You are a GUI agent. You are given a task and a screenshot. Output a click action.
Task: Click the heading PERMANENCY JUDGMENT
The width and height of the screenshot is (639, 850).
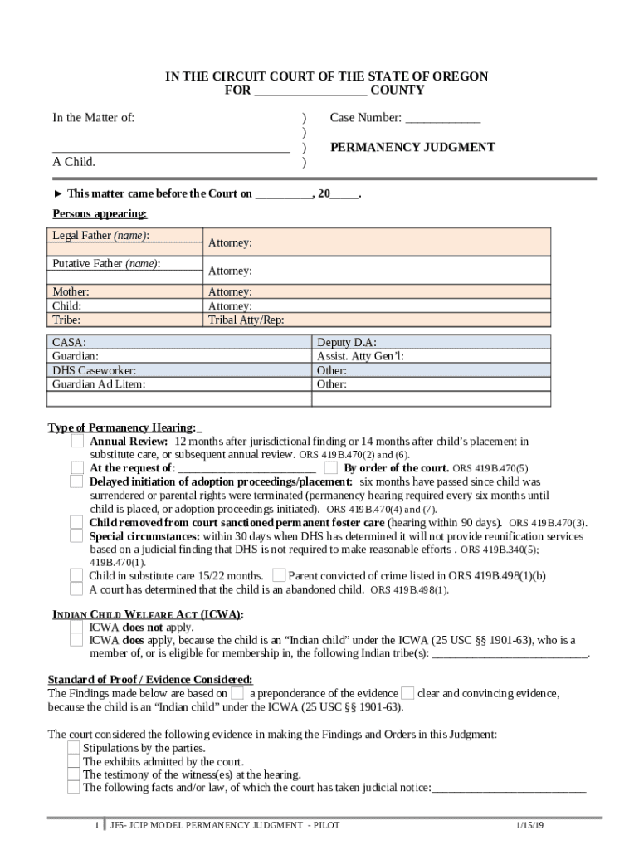point(412,147)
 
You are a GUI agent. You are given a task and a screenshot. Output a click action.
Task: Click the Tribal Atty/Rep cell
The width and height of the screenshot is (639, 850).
point(377,320)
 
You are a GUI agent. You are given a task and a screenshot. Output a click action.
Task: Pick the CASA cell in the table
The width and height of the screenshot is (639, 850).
point(178,342)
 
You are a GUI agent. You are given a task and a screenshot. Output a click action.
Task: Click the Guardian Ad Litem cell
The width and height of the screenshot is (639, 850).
point(178,384)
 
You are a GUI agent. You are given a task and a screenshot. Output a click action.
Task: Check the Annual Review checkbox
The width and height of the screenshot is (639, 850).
point(77,442)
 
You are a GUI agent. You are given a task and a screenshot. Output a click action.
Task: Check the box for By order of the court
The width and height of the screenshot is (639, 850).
point(331,467)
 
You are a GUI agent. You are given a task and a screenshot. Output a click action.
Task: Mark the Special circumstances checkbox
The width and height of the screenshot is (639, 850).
point(76,536)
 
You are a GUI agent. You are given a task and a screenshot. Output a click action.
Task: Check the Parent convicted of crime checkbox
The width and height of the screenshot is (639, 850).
point(279,575)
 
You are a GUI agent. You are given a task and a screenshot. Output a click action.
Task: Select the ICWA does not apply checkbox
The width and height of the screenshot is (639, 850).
point(76,628)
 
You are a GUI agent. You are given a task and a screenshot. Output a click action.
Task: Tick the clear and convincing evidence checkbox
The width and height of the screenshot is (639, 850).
point(407,693)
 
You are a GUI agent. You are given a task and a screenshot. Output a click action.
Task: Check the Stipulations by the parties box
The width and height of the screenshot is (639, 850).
point(74,748)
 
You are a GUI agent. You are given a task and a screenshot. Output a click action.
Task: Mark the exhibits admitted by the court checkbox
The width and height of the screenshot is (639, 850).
point(74,761)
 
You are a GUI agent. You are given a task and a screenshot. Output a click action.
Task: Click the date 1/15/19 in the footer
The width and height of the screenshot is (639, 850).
point(529,826)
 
